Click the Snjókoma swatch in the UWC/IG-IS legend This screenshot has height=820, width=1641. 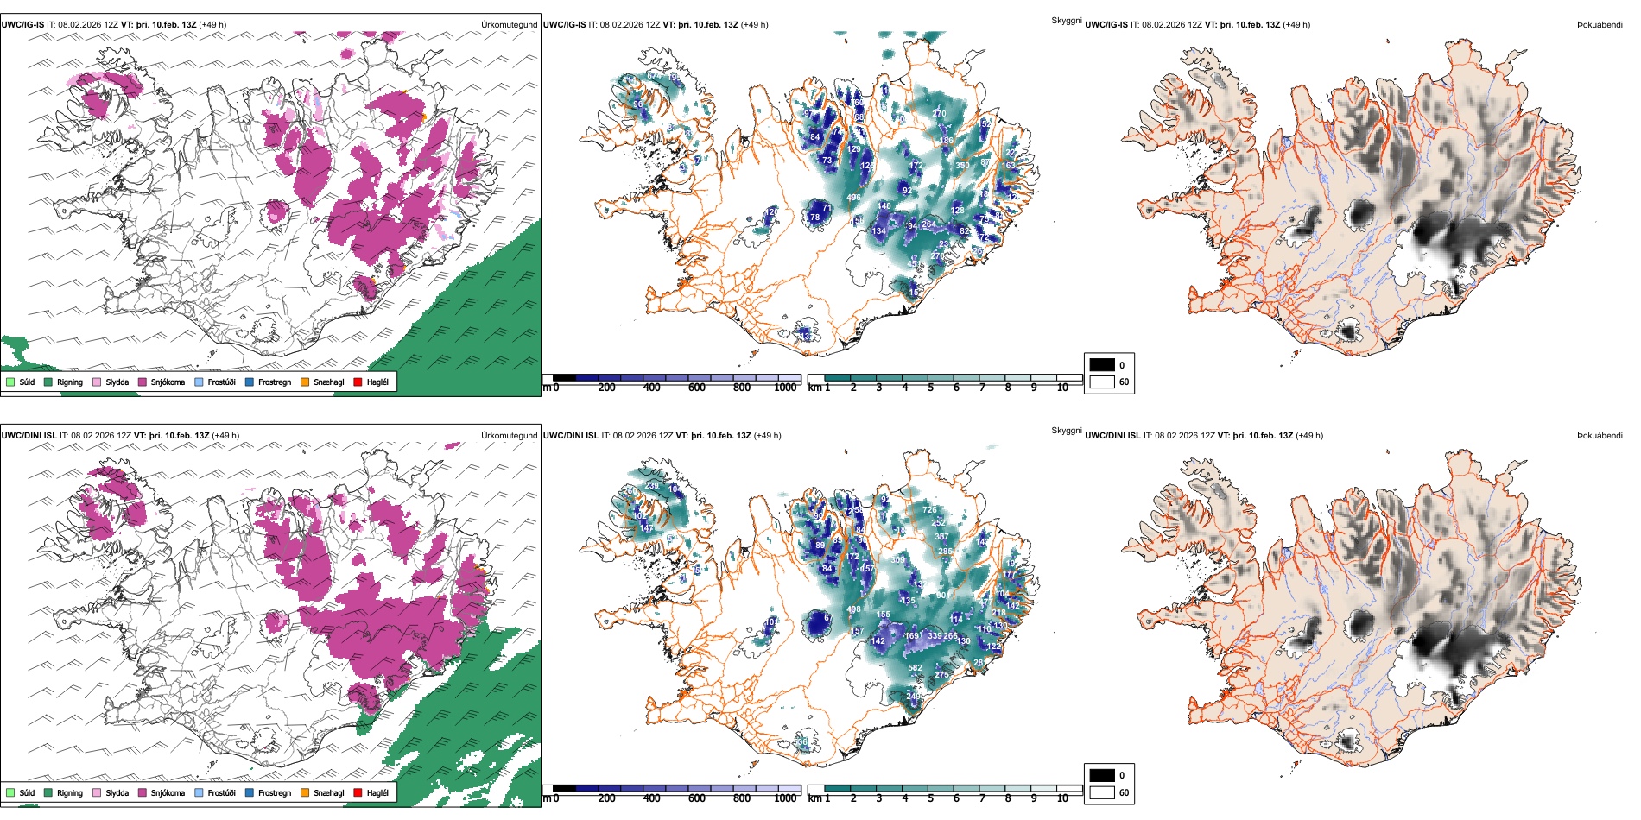click(x=142, y=382)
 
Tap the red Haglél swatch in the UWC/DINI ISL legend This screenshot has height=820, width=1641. click(x=358, y=792)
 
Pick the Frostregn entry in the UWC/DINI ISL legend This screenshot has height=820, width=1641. click(x=250, y=792)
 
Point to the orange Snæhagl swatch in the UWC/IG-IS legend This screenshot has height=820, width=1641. click(x=305, y=382)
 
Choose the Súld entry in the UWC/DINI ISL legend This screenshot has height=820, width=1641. click(x=10, y=792)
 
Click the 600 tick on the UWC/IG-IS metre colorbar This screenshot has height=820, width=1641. click(x=696, y=388)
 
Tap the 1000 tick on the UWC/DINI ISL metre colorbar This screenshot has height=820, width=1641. click(x=785, y=798)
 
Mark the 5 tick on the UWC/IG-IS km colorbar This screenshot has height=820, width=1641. click(x=930, y=388)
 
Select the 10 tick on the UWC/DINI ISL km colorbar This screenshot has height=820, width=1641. click(x=1062, y=798)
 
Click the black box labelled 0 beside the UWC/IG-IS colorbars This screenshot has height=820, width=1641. click(x=1102, y=364)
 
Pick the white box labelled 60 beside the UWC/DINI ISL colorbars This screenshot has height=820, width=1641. click(x=1102, y=792)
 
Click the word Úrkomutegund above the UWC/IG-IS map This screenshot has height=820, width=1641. click(x=509, y=25)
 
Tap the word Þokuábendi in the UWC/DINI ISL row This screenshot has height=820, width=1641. click(x=1600, y=436)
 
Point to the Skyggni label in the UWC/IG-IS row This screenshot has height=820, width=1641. click(x=1066, y=20)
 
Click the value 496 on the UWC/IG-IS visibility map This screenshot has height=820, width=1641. click(x=853, y=198)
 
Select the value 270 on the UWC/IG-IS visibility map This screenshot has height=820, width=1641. click(x=939, y=114)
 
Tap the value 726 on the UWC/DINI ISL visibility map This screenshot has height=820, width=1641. click(x=929, y=510)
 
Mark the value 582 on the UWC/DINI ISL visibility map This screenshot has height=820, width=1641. click(x=915, y=668)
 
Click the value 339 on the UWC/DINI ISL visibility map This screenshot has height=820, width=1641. click(x=935, y=636)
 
